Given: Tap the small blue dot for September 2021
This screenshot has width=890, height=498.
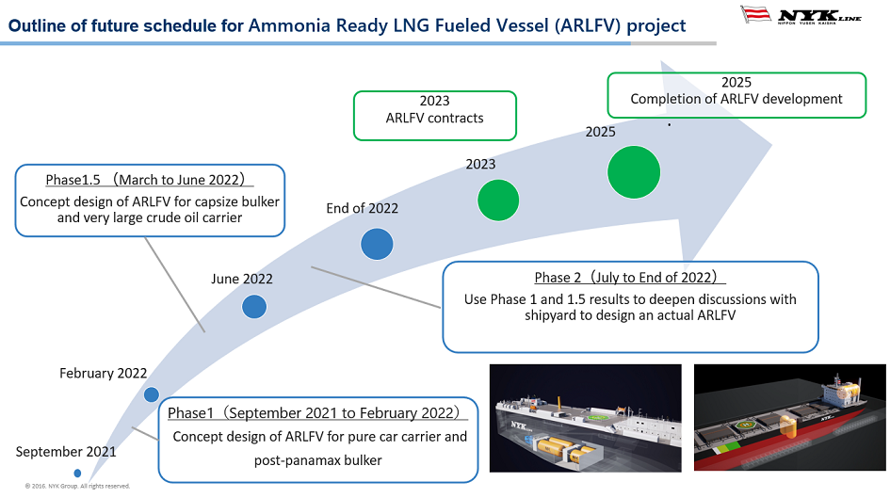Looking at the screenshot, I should [x=77, y=473].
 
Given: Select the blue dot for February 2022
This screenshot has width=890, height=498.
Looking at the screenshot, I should [x=152, y=394].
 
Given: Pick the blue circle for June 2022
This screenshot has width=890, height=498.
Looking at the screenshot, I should [x=254, y=306].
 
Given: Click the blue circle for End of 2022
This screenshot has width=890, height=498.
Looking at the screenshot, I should [x=377, y=244].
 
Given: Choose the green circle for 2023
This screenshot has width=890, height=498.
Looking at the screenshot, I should [x=498, y=200].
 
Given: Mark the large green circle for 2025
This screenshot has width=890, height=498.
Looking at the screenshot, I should [x=640, y=172].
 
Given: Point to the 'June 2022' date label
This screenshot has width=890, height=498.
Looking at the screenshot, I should [x=241, y=279].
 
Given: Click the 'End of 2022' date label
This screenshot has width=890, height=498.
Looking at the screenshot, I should [x=362, y=208].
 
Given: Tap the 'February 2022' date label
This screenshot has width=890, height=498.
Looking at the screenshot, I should [x=103, y=373].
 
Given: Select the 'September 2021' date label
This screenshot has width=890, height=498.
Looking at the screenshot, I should [x=66, y=452].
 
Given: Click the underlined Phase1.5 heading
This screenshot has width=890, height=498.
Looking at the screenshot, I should [x=149, y=179].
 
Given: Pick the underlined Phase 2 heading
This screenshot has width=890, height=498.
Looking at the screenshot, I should [x=630, y=278].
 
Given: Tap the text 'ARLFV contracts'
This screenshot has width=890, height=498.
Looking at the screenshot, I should [x=434, y=118].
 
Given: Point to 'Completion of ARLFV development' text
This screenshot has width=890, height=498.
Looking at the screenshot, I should [x=736, y=99].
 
